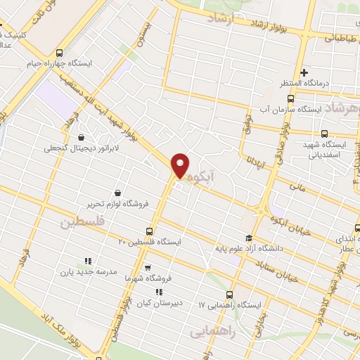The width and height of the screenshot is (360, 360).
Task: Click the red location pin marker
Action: coord(181,165)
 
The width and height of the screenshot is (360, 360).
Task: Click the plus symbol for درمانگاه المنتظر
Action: coord(304,72)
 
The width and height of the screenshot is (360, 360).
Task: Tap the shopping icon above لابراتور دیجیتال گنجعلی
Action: coord(83,138)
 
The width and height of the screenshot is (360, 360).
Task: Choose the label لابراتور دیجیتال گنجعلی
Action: coord(77,148)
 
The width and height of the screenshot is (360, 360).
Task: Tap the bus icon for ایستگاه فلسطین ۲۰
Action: coord(149,231)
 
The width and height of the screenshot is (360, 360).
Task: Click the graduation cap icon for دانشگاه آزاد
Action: coord(247,238)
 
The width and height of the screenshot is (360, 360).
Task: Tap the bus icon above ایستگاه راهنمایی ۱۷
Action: coord(230,295)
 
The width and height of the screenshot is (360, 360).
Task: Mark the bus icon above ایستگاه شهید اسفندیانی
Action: coord(324,134)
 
